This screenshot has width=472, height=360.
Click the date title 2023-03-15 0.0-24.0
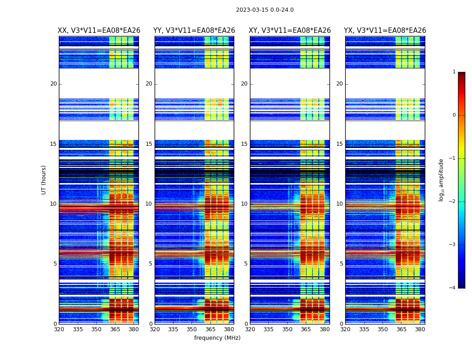point(265,10)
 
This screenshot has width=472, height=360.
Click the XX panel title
point(99,31)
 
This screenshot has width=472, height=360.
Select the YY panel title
point(194,31)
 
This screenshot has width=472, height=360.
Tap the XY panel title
point(290,31)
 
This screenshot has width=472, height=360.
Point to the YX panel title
point(385,31)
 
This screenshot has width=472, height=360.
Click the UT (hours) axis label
point(44,180)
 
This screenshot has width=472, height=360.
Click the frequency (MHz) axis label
point(217,338)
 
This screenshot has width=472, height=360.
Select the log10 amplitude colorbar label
point(441,180)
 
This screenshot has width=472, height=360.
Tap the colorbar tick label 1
point(454,72)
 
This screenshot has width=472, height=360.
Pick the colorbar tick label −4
point(453,288)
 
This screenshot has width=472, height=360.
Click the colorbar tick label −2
point(453,202)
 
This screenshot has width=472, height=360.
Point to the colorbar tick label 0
point(454,115)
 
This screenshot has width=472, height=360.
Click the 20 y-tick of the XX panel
point(53,84)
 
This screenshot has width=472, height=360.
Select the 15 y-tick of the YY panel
point(149,144)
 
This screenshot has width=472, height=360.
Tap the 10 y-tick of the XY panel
point(244,204)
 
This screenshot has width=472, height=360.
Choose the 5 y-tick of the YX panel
point(341,264)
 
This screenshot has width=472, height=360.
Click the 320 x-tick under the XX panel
point(59,329)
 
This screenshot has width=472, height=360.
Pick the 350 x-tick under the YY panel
point(191,329)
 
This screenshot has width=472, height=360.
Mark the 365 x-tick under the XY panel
point(306,329)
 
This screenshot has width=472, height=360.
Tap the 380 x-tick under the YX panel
point(420,329)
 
